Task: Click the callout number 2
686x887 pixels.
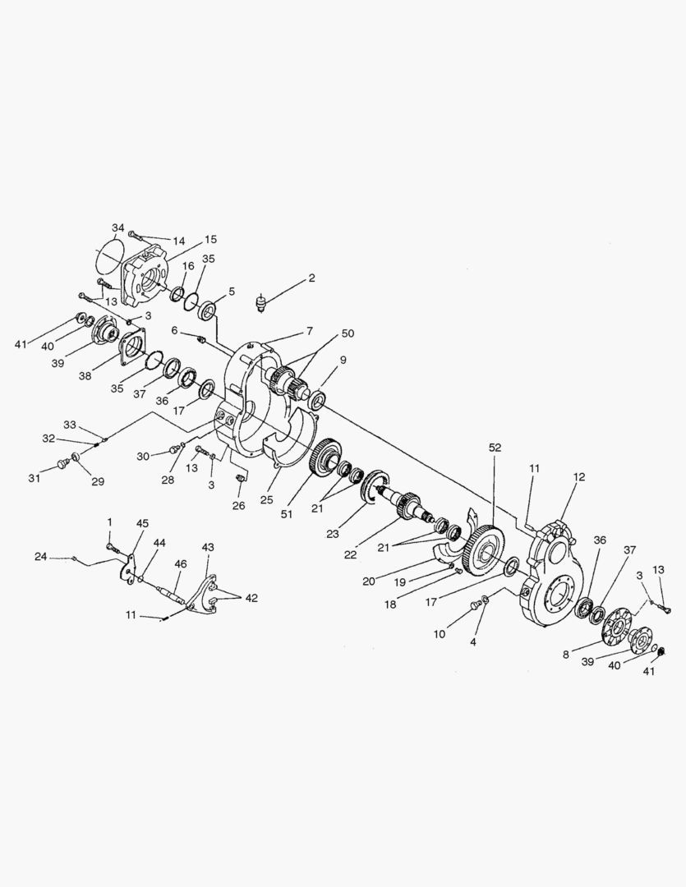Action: coord(311,278)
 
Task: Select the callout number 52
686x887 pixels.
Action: coord(494,448)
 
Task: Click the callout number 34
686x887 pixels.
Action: coord(118,227)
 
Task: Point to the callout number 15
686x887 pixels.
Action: coord(211,239)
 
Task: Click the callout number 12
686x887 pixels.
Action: coord(579,477)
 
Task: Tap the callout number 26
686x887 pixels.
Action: coord(238,505)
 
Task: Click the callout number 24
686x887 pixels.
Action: coord(40,557)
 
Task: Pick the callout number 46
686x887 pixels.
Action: coord(180,564)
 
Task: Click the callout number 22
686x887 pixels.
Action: coord(351,555)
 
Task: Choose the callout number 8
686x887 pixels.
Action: coord(566,655)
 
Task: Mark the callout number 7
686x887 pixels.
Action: coord(310,331)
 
